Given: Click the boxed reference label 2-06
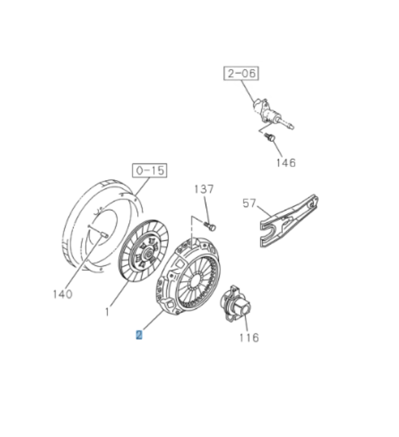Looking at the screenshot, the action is tap(241, 73).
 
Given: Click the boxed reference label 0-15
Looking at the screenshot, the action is tap(149, 171).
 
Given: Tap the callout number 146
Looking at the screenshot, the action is tap(286, 163).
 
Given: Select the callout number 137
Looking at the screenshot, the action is tap(204, 189).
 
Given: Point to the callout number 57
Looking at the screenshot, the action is tap(249, 203).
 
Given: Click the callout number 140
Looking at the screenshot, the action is tap(63, 294).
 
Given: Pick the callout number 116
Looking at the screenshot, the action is tap(249, 337).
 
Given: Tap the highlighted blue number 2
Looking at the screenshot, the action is tap(139, 334).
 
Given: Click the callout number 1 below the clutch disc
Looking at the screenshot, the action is tap(108, 312).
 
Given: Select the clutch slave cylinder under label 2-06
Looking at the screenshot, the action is tap(272, 114).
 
